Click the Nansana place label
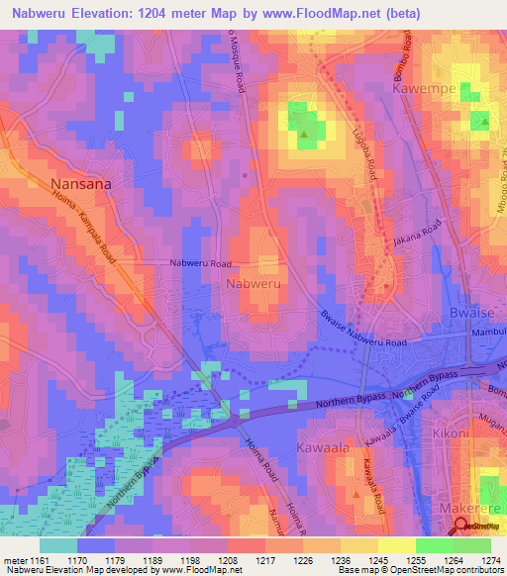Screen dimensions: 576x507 point(81,183)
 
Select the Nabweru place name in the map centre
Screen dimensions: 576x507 point(254,284)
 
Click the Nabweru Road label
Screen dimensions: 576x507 point(201,264)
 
